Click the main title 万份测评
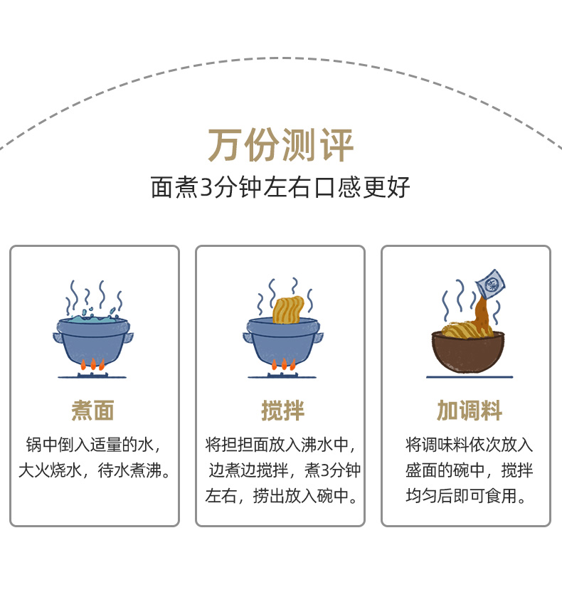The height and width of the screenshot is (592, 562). click(x=280, y=145)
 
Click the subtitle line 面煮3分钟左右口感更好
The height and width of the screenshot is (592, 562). click(x=280, y=187)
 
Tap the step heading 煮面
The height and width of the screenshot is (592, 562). click(x=93, y=411)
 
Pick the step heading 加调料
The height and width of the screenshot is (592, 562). click(x=469, y=411)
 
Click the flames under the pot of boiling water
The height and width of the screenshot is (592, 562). click(x=92, y=364)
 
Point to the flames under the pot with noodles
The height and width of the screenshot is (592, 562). click(x=283, y=364)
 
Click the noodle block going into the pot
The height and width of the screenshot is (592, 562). click(x=288, y=309)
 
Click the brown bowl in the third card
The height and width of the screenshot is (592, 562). click(x=467, y=351)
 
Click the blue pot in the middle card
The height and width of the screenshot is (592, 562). click(x=283, y=339)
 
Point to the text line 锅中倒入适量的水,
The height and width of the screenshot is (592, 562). click(x=93, y=445)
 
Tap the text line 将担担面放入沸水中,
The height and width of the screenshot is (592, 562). click(x=280, y=445)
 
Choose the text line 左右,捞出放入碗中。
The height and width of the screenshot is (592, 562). click(x=282, y=496)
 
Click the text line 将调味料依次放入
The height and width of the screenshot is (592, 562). click(x=469, y=445)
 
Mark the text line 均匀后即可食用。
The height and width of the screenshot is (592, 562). click(x=467, y=496)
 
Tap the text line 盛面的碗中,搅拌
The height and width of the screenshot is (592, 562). click(x=469, y=470)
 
